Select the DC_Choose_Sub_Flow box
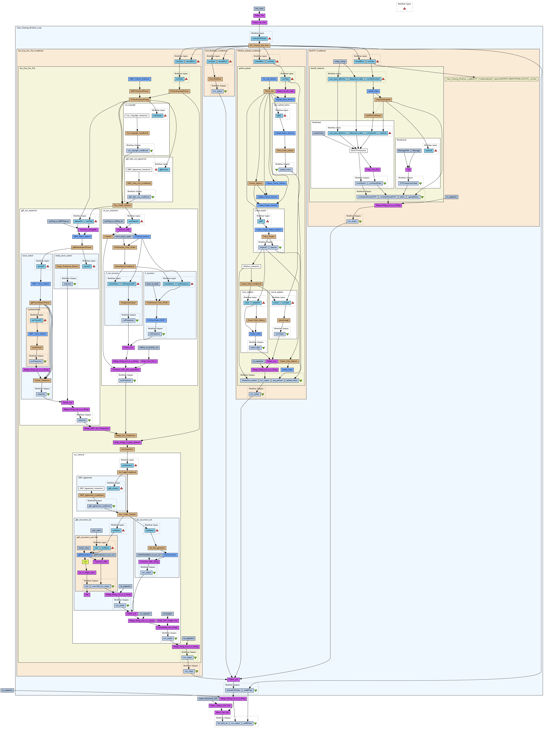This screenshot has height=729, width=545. (x=259, y=46)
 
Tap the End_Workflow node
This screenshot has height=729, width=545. (x=215, y=79)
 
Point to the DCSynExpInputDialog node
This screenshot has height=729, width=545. (x=140, y=100)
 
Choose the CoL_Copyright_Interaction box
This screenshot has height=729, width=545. (x=137, y=116)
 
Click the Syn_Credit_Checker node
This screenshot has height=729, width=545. (x=122, y=205)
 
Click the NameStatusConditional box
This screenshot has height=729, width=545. (x=125, y=266)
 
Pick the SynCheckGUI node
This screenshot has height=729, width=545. (x=127, y=449)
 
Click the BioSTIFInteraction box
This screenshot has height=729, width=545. (x=359, y=151)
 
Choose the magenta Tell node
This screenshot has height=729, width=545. (x=408, y=170)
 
